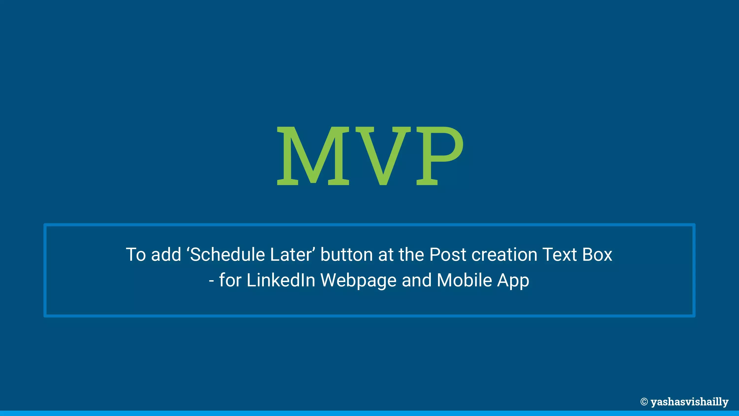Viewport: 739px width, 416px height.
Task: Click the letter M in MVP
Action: point(313,156)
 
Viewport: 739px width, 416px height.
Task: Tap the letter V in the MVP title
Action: point(383,156)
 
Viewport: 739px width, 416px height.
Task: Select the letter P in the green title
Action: point(440,156)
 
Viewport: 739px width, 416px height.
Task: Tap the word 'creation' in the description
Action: point(504,254)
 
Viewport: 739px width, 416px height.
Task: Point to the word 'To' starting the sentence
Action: point(136,255)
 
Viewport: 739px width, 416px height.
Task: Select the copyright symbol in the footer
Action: point(644,402)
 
